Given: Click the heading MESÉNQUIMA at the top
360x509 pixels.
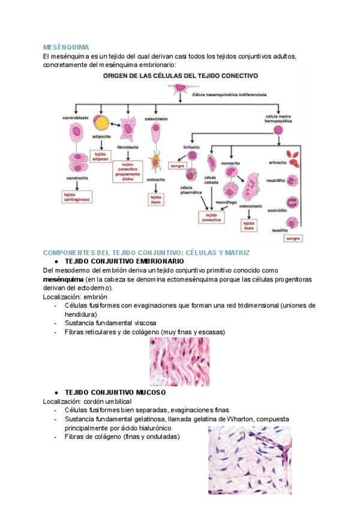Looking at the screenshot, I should click(66, 47).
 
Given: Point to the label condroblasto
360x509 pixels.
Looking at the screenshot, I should click(76, 118).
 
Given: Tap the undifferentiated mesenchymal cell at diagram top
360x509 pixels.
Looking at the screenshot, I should click(179, 90).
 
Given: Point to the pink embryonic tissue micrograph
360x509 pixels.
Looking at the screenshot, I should click(179, 361).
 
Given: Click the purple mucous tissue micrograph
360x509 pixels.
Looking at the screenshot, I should click(249, 460).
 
